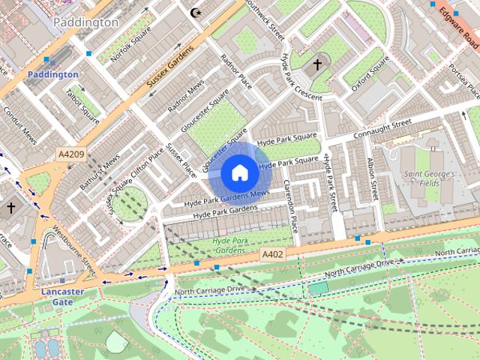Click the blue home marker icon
pos(239,172)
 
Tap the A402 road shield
pos(273,255)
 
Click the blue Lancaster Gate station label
pos(62,296)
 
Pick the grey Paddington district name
pos(85,22)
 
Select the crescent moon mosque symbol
pos(197,13)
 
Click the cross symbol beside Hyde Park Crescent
pos(317,65)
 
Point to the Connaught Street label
pos(383,127)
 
